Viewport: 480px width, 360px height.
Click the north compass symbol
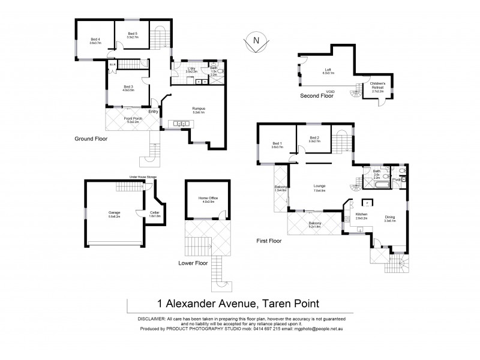tap(256, 40)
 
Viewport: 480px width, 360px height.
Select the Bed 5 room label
tap(132, 35)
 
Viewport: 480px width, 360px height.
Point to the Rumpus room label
tap(199, 108)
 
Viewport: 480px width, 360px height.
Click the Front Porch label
tap(133, 119)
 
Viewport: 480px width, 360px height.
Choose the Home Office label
tap(208, 199)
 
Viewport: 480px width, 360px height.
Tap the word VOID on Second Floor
tap(331, 92)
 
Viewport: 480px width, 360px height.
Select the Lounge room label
tap(319, 187)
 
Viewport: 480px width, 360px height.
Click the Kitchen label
tap(361, 215)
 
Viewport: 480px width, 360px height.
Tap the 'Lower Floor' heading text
tap(192, 263)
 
